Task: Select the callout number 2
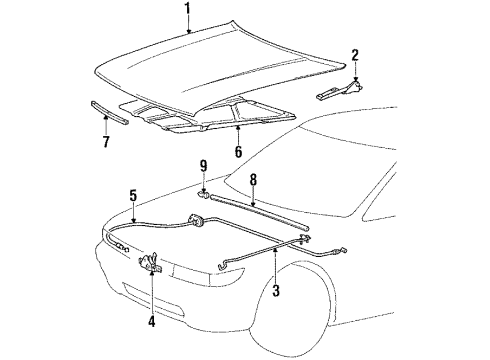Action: [355, 55]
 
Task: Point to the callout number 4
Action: [152, 323]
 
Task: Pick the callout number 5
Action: [133, 197]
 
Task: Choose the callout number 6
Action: [237, 151]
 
